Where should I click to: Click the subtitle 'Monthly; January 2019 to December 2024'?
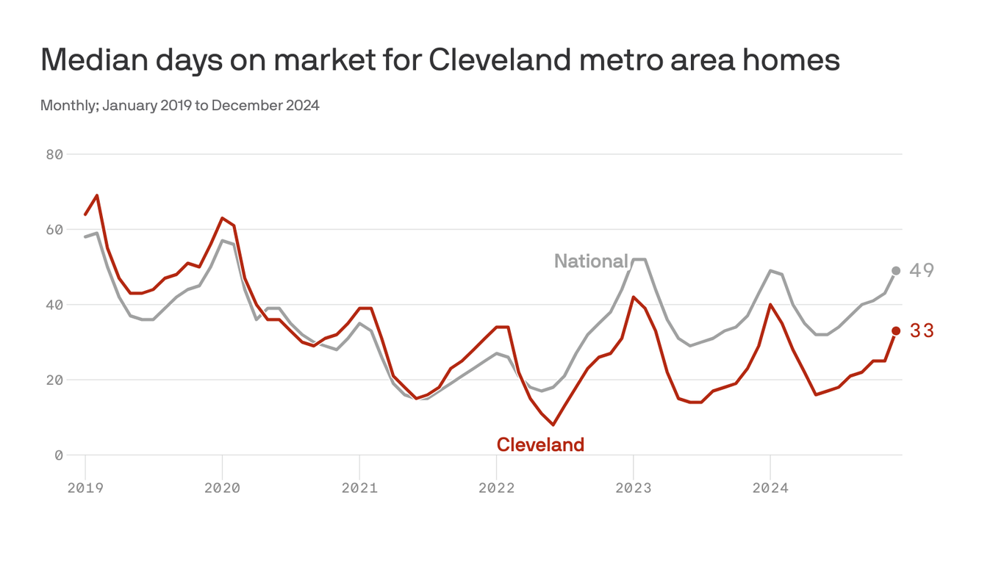[x=180, y=105]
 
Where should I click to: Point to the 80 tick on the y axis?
[x=54, y=154]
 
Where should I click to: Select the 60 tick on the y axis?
[x=54, y=230]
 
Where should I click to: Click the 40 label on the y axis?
[x=54, y=305]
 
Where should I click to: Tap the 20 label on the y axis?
[x=54, y=380]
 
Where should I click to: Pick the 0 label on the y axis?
[x=59, y=455]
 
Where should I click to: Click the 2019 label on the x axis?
[x=85, y=488]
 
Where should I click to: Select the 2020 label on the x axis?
[x=222, y=488]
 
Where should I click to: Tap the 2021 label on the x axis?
[x=359, y=488]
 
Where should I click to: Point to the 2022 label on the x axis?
[x=496, y=488]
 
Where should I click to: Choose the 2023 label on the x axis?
[x=633, y=488]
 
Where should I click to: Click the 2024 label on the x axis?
[x=770, y=488]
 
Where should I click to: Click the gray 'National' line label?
[x=591, y=261]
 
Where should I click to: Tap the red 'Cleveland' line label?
[x=540, y=444]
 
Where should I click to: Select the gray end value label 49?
[x=922, y=271]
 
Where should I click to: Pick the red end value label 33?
[x=922, y=331]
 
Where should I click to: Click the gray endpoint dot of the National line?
[x=896, y=271]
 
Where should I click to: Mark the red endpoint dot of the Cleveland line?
[x=896, y=331]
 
